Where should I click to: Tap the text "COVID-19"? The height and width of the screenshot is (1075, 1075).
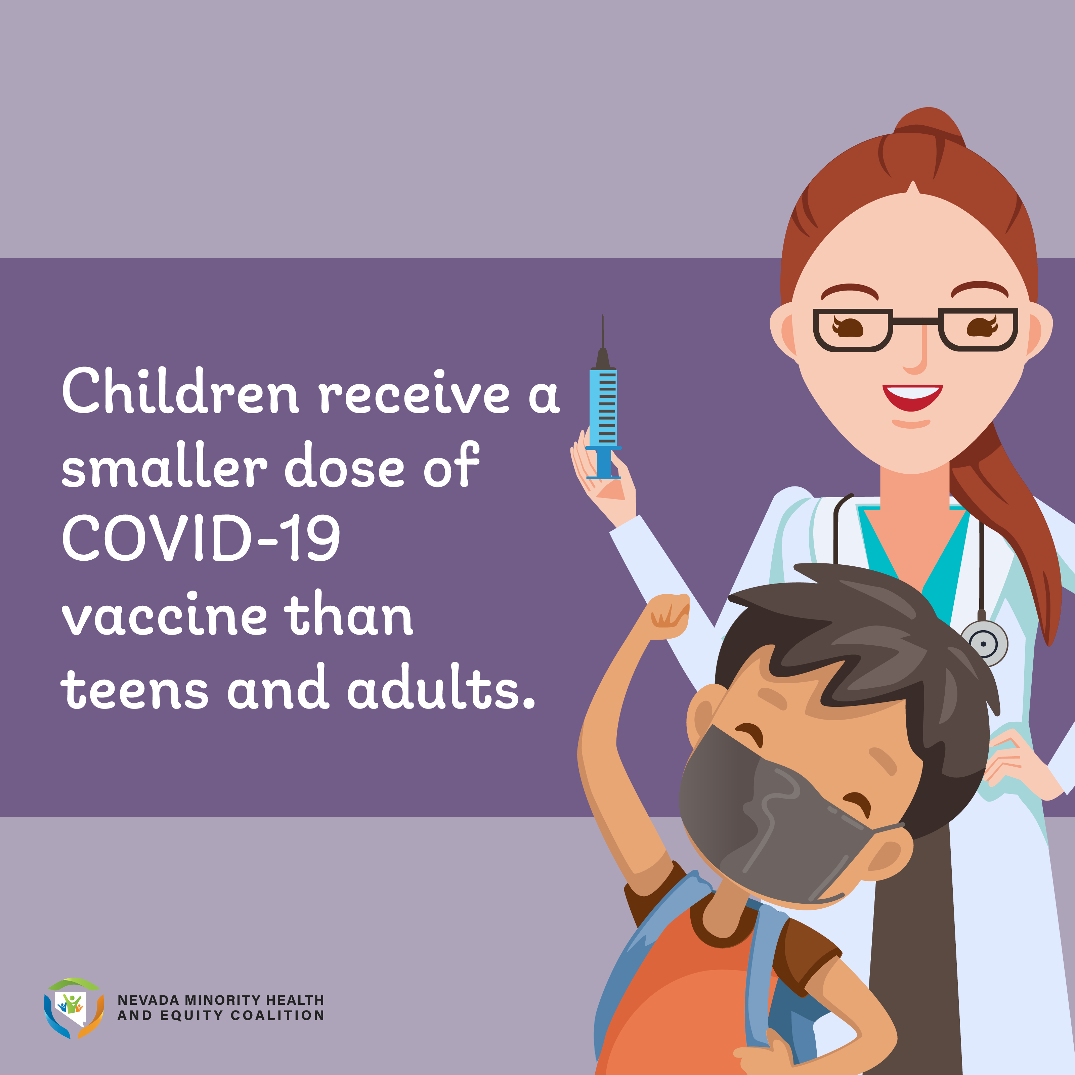click(202, 537)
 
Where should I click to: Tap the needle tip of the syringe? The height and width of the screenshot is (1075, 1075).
click(603, 315)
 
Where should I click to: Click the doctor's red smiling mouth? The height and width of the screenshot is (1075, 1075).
click(912, 397)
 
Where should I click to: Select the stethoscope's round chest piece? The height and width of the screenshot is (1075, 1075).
click(984, 643)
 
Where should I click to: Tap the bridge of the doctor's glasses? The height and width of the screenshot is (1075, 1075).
click(915, 321)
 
